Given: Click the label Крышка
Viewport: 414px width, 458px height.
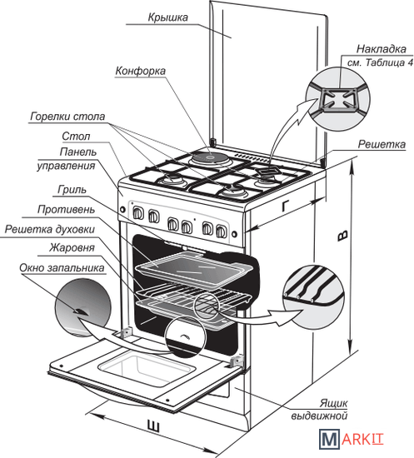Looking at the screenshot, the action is tap(168, 17).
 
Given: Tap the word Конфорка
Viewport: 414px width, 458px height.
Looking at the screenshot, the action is tap(141, 71).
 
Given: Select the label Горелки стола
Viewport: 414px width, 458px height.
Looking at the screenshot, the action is tap(67, 117).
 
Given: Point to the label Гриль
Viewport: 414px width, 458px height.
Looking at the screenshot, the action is tap(72, 190).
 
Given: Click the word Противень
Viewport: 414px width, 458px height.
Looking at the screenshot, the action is tap(66, 209).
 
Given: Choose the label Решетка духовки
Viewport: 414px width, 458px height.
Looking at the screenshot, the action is tap(50, 229).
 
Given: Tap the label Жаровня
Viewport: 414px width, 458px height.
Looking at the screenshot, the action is tap(72, 247).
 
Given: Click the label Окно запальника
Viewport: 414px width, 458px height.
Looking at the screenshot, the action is tap(62, 268).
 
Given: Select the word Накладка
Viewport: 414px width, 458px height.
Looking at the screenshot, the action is tap(382, 49).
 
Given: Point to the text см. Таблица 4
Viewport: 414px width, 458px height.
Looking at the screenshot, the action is tap(380, 62).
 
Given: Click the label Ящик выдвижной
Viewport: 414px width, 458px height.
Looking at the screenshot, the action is tap(319, 409).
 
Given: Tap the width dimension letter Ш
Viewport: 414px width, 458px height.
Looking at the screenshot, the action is tap(152, 426).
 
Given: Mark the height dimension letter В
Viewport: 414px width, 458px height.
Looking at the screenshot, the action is tap(342, 236).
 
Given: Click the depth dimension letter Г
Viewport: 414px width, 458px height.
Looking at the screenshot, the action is tap(287, 207).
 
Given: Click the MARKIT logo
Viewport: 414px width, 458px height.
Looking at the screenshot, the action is tap(351, 438).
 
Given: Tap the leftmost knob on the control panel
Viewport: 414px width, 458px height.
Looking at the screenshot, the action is tap(138, 214).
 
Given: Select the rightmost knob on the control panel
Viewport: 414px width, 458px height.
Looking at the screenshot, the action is tap(222, 231).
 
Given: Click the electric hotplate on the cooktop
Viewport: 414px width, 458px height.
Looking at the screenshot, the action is tap(211, 158).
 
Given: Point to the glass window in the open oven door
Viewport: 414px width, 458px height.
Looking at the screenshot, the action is tap(147, 369).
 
